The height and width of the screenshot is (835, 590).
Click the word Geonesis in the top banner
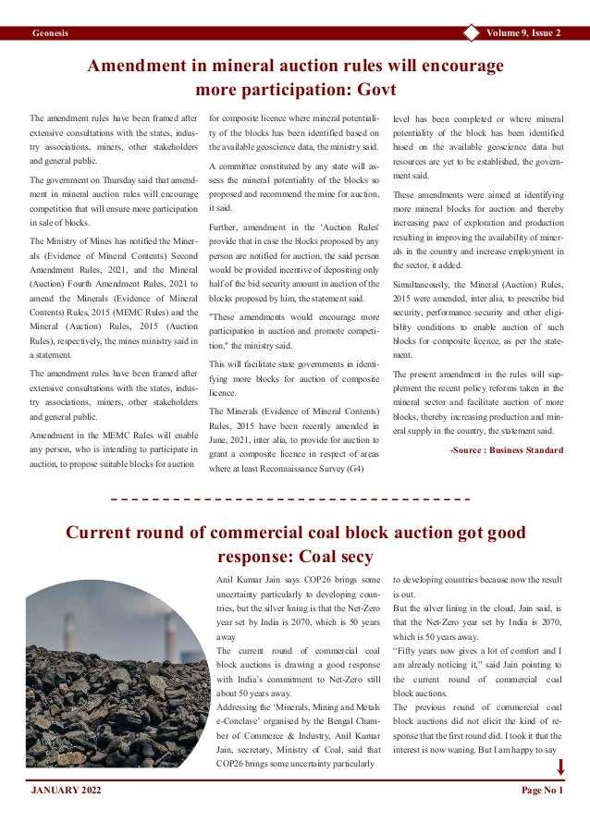coord(50,34)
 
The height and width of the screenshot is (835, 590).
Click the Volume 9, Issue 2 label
coord(522,34)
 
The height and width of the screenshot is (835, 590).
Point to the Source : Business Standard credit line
coord(506,450)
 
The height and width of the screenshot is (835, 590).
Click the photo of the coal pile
coord(117,675)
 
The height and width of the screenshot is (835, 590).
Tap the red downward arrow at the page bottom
coord(560,767)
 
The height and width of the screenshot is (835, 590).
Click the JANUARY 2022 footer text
coord(67,792)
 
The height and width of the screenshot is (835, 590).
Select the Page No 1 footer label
coord(542,792)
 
